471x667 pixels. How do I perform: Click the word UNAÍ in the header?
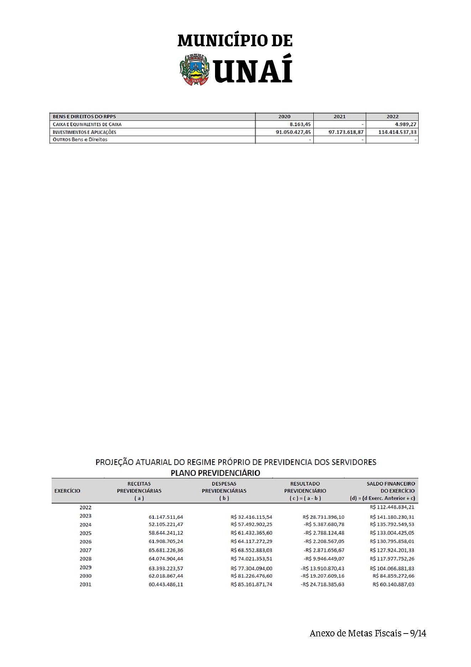click(x=253, y=69)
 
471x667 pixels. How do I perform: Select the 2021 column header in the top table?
click(x=339, y=117)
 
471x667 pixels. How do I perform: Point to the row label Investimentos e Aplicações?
click(x=84, y=132)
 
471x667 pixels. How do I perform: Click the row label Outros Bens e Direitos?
click(x=80, y=139)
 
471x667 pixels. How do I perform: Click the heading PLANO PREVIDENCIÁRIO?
click(x=215, y=473)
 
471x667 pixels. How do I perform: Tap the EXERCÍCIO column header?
click(x=67, y=491)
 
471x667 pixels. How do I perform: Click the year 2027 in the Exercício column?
click(x=85, y=550)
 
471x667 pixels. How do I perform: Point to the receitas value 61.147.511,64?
click(x=166, y=517)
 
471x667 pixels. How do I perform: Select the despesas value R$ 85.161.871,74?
click(x=251, y=584)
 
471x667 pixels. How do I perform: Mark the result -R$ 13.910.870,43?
click(x=323, y=568)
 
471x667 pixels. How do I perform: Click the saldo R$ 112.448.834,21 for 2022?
click(x=392, y=507)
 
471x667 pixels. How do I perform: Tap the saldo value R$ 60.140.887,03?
click(x=393, y=584)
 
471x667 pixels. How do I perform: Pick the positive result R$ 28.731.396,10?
click(x=324, y=517)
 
